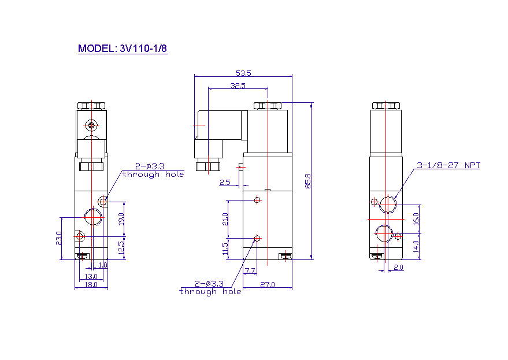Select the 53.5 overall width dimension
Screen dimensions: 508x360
click(x=243, y=73)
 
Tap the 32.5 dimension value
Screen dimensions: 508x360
click(x=238, y=86)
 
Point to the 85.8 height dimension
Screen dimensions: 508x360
click(x=308, y=181)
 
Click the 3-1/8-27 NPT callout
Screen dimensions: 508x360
click(x=448, y=165)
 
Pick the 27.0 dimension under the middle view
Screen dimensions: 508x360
click(x=267, y=284)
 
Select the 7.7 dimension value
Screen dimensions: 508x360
click(x=250, y=270)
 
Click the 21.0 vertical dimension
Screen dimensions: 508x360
click(x=225, y=220)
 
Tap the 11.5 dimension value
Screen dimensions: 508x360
click(x=225, y=249)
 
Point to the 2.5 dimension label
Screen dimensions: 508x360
click(x=225, y=183)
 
